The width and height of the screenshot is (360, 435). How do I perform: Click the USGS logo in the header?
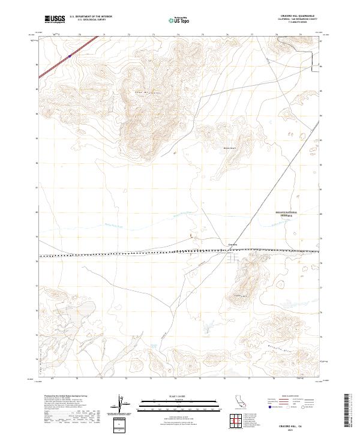point(55,19)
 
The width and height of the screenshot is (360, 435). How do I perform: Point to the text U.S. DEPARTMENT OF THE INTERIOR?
point(91,16)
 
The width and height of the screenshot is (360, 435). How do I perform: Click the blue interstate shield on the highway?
point(70,56)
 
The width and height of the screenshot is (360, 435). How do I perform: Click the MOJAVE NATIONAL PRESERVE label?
point(286,214)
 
